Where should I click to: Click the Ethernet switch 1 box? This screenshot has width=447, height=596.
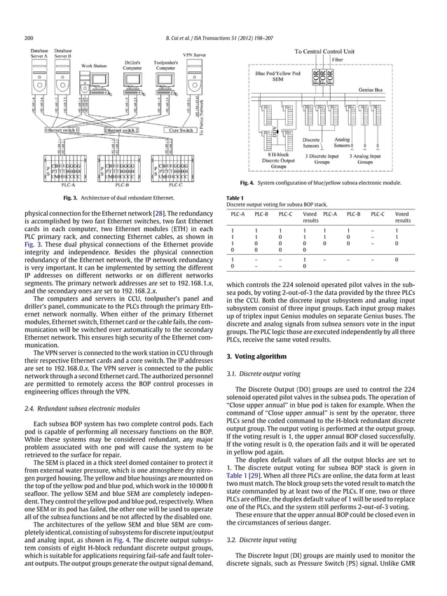(62, 130)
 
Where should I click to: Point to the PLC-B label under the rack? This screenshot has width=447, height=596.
(121, 186)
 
